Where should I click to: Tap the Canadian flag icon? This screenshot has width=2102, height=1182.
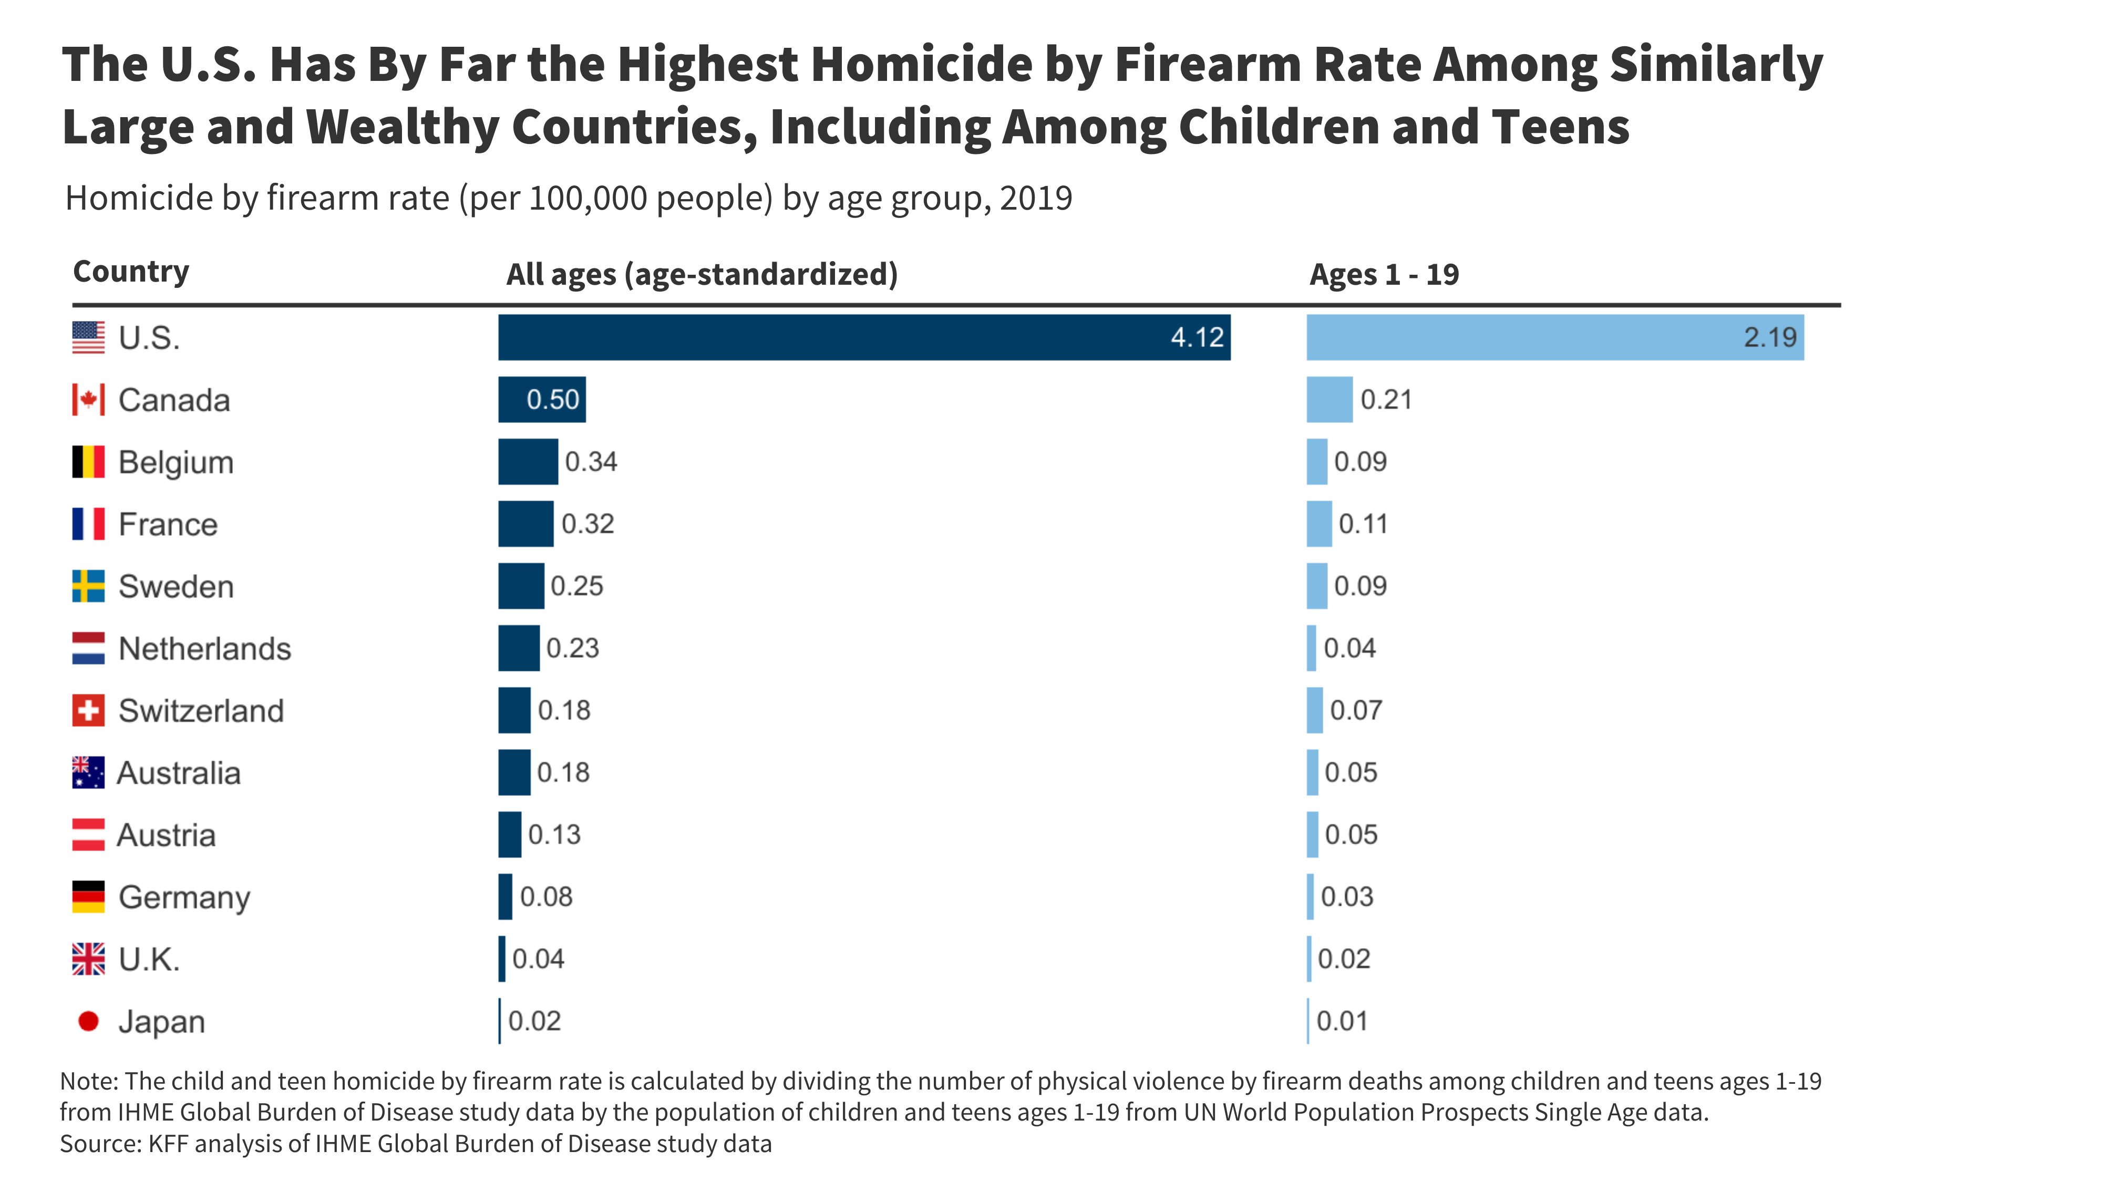pyautogui.click(x=88, y=400)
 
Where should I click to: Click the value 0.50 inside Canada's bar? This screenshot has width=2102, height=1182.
pyautogui.click(x=552, y=400)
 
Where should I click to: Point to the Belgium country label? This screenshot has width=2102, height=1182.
pyautogui.click(x=176, y=462)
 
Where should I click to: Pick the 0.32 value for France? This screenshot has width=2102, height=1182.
pyautogui.click(x=588, y=524)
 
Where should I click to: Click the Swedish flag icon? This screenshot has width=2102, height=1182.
pyautogui.click(x=88, y=586)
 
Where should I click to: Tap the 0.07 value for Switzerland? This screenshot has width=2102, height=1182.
pyautogui.click(x=1355, y=710)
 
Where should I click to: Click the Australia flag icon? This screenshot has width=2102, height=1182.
pyautogui.click(x=88, y=772)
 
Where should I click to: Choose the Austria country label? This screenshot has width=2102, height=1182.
pyautogui.click(x=166, y=835)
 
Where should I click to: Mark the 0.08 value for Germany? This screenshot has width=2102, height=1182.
pyautogui.click(x=546, y=897)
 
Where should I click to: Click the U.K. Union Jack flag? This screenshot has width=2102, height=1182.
pyautogui.click(x=88, y=959)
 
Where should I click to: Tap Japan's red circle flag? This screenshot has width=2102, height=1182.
pyautogui.click(x=88, y=1021)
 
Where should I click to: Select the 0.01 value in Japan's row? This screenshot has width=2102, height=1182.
pyautogui.click(x=1342, y=1021)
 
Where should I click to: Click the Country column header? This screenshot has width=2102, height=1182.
pyautogui.click(x=130, y=271)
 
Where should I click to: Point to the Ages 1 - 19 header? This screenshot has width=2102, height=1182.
pyautogui.click(x=1384, y=274)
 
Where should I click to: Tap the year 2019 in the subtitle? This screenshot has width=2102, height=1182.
pyautogui.click(x=1035, y=198)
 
